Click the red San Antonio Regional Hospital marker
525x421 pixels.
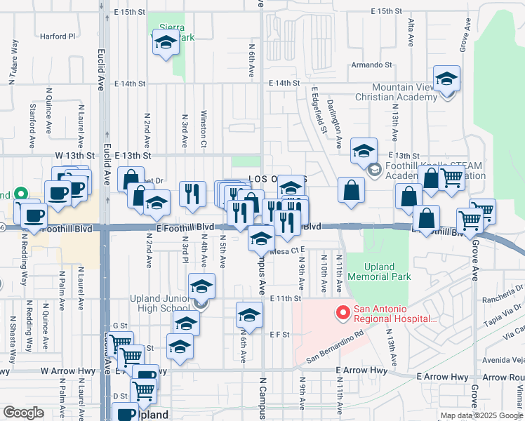coord(343,313)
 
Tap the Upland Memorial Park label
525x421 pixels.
coord(379,272)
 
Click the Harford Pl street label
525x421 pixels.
coord(57,36)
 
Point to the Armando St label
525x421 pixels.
coord(372,65)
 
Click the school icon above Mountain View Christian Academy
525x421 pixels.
coord(446,79)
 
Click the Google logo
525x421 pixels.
coord(23,413)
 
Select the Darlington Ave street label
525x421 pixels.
coord(339,128)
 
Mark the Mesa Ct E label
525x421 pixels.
coord(286,250)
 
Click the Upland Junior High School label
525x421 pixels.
coord(160,303)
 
